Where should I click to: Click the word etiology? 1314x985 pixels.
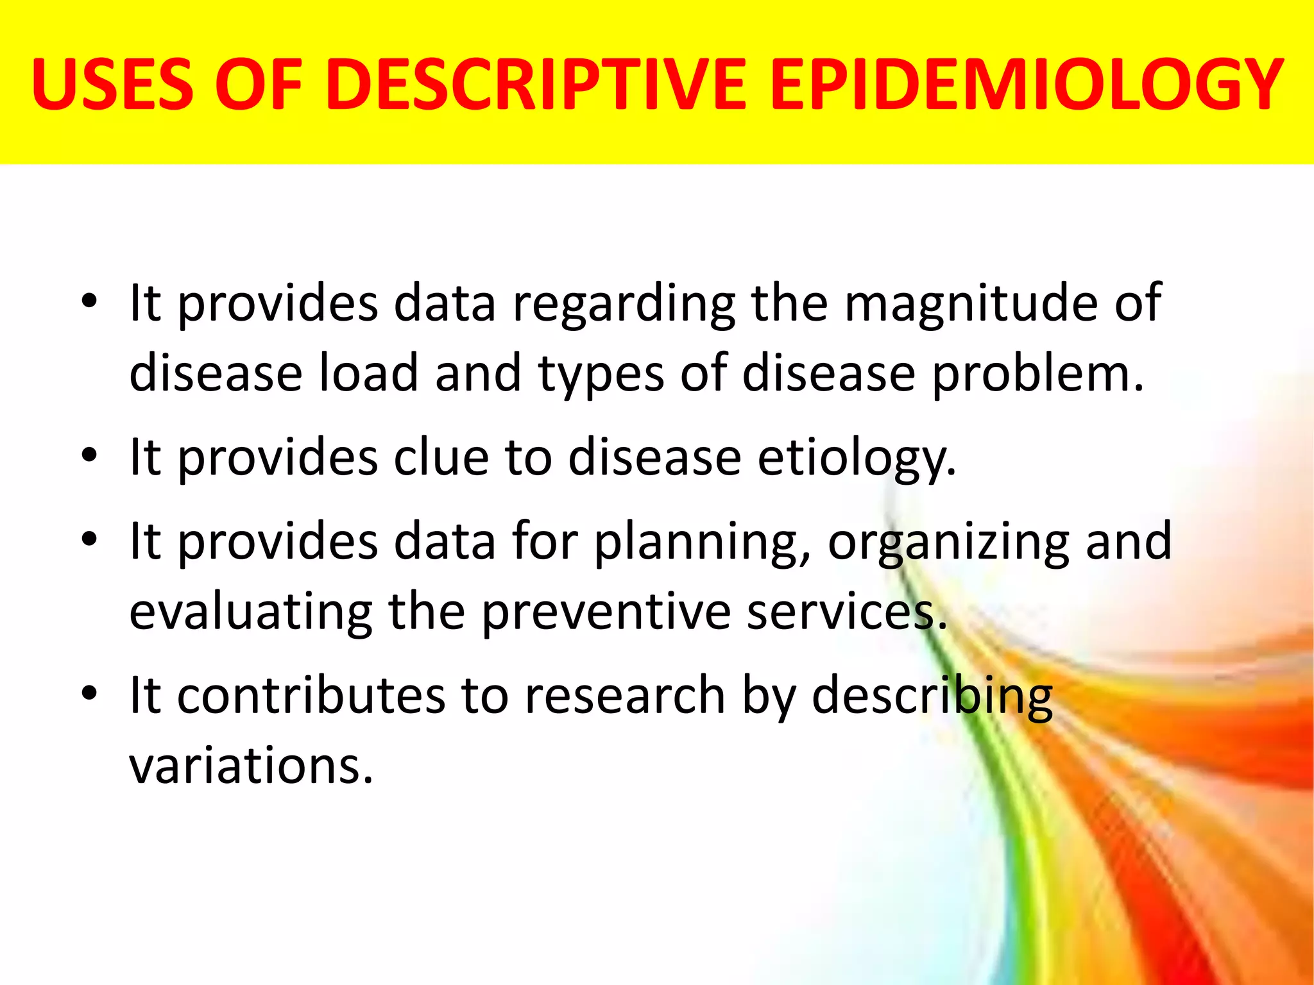[857, 459]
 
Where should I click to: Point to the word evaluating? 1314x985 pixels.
[251, 612]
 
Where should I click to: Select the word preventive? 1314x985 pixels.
[606, 612]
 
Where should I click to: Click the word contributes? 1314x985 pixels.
[311, 695]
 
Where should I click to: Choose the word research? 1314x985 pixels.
[625, 695]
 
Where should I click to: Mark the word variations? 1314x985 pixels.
[251, 766]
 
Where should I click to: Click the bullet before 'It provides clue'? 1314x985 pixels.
[89, 455]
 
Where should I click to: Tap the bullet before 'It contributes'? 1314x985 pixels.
[89, 693]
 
